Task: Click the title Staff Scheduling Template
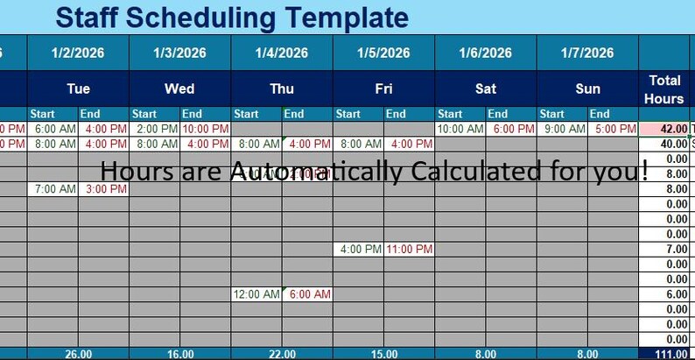coord(231,17)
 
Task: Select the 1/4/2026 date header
coord(282,53)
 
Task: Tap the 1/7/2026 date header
coord(587,53)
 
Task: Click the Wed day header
coord(179,88)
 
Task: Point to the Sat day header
coord(485,88)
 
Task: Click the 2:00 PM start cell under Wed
coord(154,129)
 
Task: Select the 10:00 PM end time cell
coord(206,129)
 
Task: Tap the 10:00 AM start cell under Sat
coord(460,129)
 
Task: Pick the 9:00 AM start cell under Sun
coord(562,129)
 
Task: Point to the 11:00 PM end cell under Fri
coord(410,249)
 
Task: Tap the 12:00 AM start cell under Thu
coord(256,294)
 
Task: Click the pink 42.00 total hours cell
coord(664,129)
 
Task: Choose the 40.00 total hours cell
coord(664,144)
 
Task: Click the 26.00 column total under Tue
coord(78,354)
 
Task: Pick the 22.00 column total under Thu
coord(282,354)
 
